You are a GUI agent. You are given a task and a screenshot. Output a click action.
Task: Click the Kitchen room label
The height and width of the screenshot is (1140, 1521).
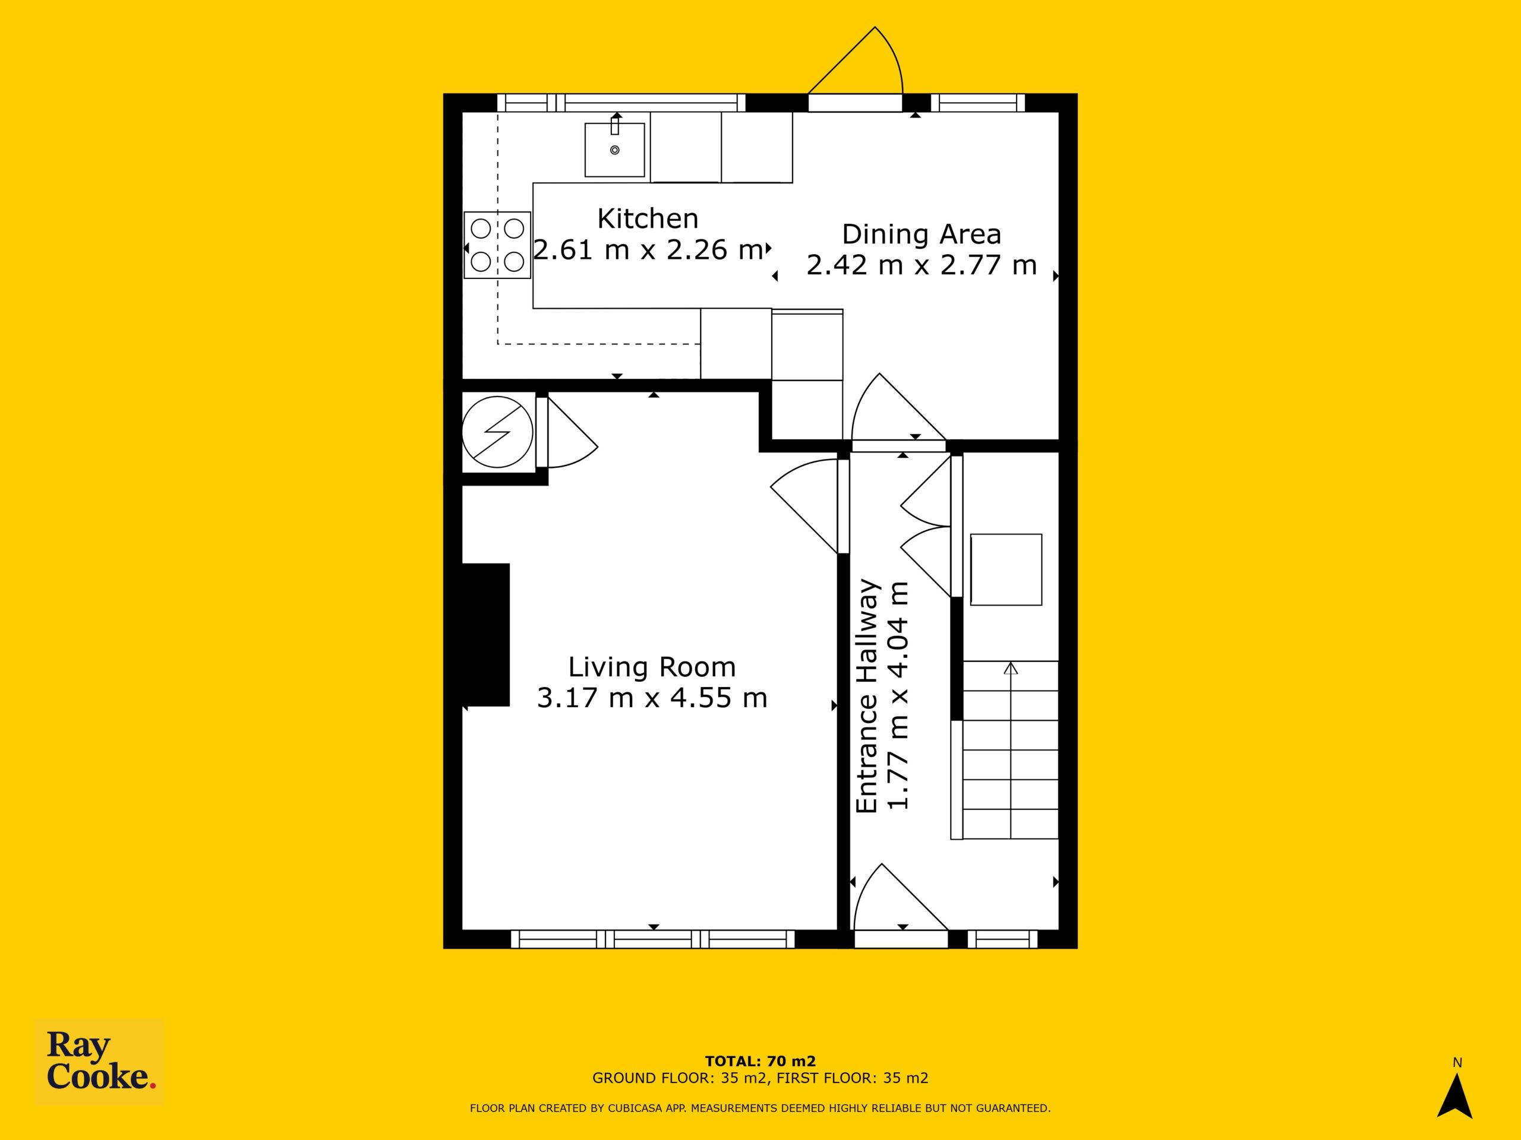[648, 218]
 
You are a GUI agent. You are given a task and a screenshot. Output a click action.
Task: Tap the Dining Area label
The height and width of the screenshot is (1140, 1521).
[922, 235]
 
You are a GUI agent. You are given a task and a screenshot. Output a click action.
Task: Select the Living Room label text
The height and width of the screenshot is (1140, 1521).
[652, 667]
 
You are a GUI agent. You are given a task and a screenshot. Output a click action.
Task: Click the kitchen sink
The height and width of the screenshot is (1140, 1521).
[615, 150]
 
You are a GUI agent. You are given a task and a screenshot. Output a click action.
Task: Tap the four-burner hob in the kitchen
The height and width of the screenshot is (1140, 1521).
[497, 245]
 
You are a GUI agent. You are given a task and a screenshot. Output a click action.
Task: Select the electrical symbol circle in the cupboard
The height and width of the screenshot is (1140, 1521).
[497, 432]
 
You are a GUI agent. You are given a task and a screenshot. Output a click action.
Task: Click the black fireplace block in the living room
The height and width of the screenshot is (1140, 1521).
[485, 634]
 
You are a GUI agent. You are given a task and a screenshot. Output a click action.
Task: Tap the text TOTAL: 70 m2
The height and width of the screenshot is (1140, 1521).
[760, 1061]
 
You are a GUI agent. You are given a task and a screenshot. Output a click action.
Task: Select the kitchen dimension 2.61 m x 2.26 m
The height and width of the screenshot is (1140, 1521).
[648, 249]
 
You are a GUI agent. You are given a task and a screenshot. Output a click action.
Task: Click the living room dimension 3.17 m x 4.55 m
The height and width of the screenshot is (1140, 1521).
[652, 698]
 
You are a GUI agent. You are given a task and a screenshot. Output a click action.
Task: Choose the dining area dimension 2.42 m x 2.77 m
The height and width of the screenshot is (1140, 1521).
[922, 265]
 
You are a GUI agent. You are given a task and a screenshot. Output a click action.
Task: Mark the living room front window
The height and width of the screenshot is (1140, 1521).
[652, 939]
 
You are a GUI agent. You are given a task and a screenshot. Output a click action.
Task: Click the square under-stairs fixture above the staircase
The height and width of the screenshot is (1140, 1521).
[1006, 569]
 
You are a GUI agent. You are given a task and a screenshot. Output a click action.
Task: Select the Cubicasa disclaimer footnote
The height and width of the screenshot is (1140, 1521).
[760, 1108]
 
